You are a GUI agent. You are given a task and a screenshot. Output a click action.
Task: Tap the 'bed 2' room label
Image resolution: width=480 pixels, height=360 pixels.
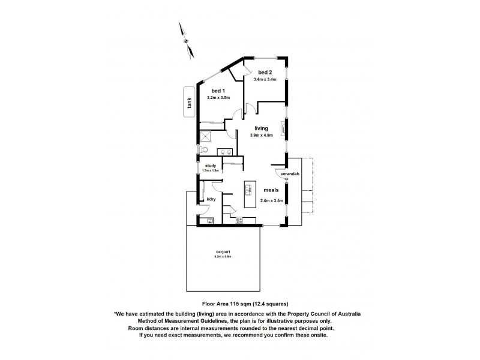tap(264, 73)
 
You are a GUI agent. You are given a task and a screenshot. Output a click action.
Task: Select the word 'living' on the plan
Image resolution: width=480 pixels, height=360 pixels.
tap(261, 128)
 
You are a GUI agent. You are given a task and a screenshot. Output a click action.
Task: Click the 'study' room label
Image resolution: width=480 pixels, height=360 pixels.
tap(210, 165)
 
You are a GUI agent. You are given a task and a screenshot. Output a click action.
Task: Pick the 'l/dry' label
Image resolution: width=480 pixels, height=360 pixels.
tap(211, 199)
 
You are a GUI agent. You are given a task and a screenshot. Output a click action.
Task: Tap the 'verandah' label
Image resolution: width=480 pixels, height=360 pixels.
tap(289, 175)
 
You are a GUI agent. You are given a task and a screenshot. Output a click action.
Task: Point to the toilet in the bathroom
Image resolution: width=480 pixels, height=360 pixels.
tap(203, 149)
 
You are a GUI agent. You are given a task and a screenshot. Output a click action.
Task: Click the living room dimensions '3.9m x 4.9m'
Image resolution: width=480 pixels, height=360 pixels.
tap(261, 136)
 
